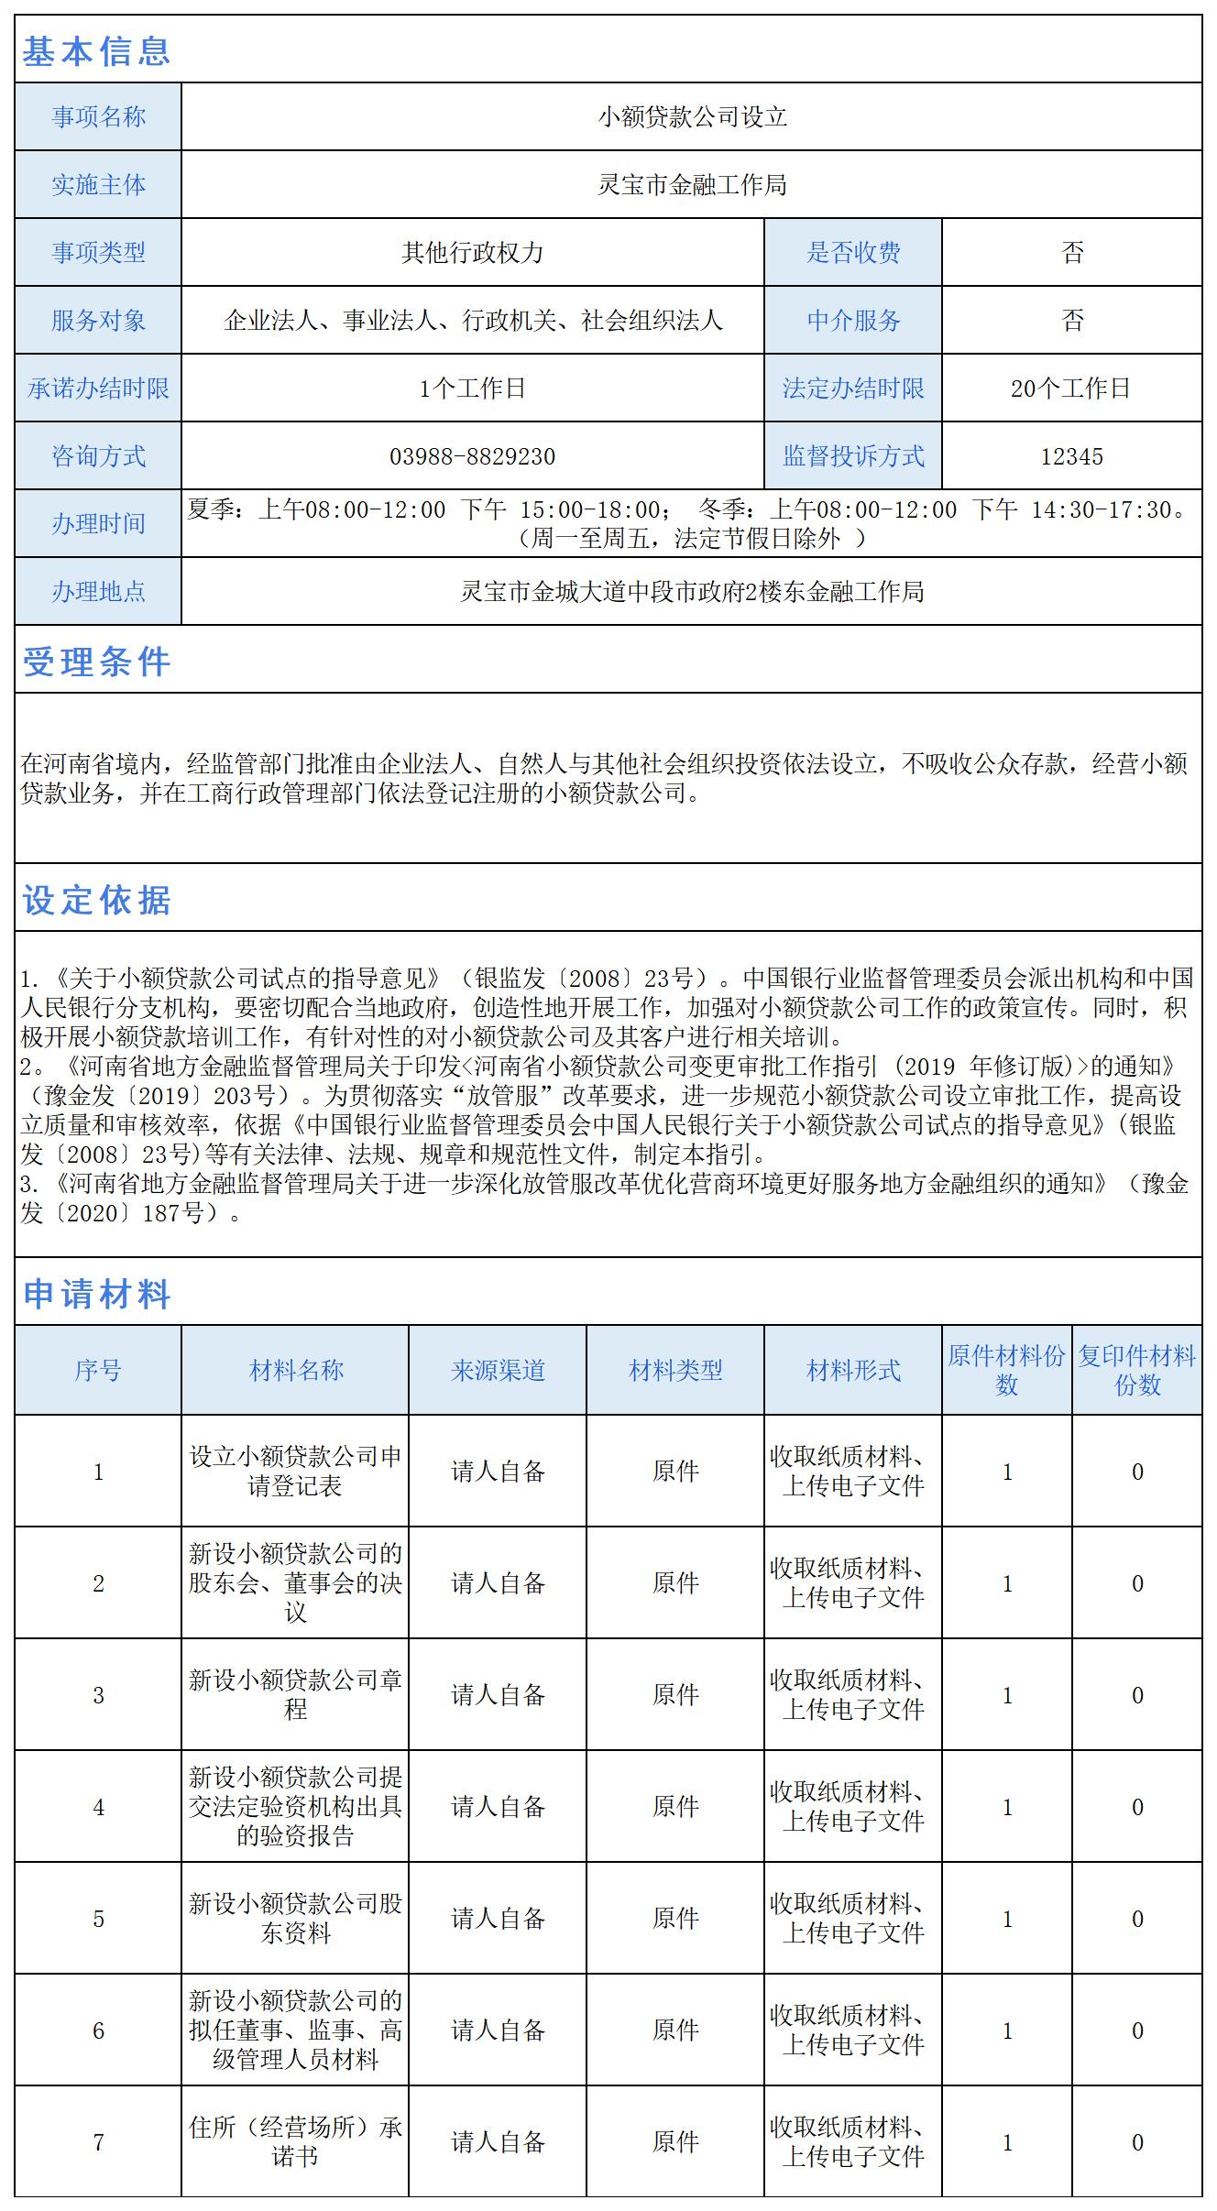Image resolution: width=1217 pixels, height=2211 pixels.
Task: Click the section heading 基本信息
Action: point(96,50)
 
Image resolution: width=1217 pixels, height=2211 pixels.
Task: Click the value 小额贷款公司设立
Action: point(692,117)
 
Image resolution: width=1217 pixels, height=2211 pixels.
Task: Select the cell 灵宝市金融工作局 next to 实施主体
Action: point(692,185)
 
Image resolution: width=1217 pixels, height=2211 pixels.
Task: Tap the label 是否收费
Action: point(853,252)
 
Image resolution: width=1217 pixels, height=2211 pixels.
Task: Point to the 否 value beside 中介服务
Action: point(1072,320)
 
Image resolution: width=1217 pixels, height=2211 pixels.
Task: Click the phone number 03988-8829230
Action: point(472,456)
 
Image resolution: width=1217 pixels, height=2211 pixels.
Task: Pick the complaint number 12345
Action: point(1072,456)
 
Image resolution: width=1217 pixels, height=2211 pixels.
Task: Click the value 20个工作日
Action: point(1070,389)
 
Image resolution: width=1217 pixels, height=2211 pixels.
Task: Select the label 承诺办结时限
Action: point(98,389)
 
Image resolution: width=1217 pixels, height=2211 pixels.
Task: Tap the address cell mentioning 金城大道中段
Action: point(692,592)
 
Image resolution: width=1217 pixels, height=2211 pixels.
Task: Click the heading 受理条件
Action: point(96,662)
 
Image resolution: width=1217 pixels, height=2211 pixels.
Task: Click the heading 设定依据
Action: point(96,900)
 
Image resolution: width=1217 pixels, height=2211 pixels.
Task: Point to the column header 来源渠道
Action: point(498,1371)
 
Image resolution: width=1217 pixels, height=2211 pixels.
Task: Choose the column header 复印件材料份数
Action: point(1136,1371)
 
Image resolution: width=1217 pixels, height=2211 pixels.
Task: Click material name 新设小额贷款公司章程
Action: point(295,1695)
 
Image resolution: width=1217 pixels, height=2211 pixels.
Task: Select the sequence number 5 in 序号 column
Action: point(98,1919)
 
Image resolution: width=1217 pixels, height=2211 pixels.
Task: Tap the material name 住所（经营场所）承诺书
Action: point(295,2142)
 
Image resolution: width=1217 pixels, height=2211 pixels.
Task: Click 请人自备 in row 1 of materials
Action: point(498,1472)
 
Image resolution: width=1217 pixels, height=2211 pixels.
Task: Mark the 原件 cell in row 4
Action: point(675,1807)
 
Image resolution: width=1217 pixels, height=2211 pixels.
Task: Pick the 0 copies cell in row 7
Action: point(1136,2142)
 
